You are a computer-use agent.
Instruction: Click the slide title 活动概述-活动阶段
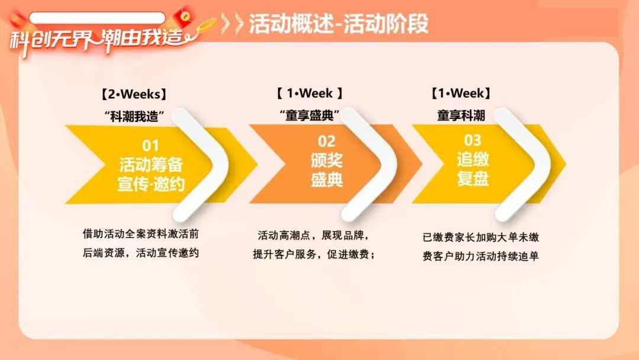[x=338, y=24]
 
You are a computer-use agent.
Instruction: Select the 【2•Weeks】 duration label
[x=134, y=94]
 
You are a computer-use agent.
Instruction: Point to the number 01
[x=151, y=145]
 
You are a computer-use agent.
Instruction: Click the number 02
[x=327, y=142]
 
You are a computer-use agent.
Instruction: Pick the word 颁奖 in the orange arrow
[x=327, y=160]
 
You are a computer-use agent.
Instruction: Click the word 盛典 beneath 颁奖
[x=327, y=179]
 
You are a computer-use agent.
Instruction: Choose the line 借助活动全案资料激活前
[x=145, y=233]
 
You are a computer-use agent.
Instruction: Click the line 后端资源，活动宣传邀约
[x=141, y=253]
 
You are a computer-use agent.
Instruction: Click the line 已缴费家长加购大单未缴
[x=480, y=237]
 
